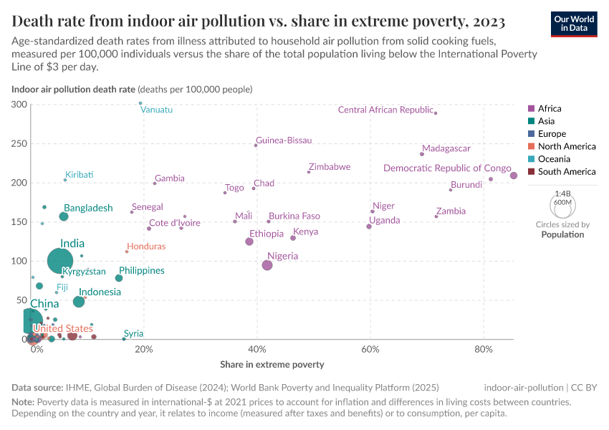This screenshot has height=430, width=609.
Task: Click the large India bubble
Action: click(61, 261)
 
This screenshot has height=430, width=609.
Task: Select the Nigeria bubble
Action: click(267, 265)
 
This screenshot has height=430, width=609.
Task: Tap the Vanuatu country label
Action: click(156, 110)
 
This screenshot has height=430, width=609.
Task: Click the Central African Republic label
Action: click(385, 110)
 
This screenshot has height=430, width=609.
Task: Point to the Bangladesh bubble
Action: click(64, 216)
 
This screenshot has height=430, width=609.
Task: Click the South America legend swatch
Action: click(531, 171)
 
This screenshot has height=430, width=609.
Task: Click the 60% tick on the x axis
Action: click(370, 349)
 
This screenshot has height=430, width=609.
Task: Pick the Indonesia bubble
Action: click(79, 302)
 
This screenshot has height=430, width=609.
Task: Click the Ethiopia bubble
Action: click(249, 242)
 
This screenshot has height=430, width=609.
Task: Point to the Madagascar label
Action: click(446, 149)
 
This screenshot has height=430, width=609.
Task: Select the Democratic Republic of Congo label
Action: click(447, 168)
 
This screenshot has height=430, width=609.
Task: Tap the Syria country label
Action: click(133, 333)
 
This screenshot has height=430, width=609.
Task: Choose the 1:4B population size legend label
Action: click(563, 193)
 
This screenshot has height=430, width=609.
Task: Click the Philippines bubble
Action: click(119, 278)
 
